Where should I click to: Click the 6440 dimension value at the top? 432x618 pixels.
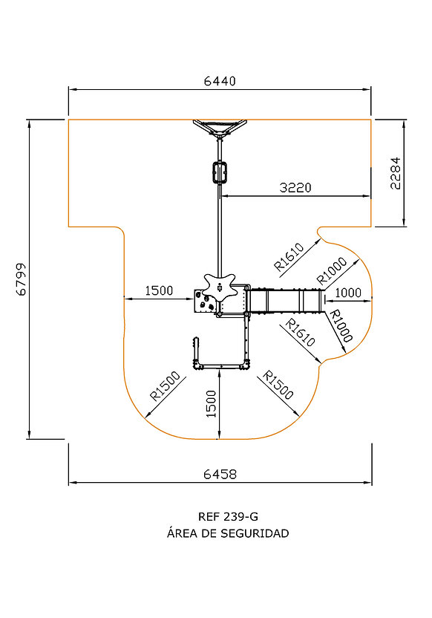220,81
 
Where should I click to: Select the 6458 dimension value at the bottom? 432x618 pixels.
220,474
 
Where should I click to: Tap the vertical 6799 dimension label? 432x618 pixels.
22,279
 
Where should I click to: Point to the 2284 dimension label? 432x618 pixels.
395,173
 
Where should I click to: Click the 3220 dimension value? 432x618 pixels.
295,188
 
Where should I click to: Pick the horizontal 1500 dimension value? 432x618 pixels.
159,291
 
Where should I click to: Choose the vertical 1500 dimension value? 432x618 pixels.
212,404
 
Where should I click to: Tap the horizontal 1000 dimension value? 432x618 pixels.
348,293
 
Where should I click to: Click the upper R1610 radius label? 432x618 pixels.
289,257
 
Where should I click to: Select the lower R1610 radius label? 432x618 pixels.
300,333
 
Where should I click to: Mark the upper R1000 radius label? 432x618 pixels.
333,271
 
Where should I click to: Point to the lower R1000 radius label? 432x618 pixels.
340,326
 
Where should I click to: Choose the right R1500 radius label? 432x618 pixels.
278,385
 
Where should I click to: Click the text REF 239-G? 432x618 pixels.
229,516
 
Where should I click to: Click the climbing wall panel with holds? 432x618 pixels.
204,302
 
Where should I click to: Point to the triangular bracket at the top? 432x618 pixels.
220,128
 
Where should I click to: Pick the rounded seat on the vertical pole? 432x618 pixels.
220,172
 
